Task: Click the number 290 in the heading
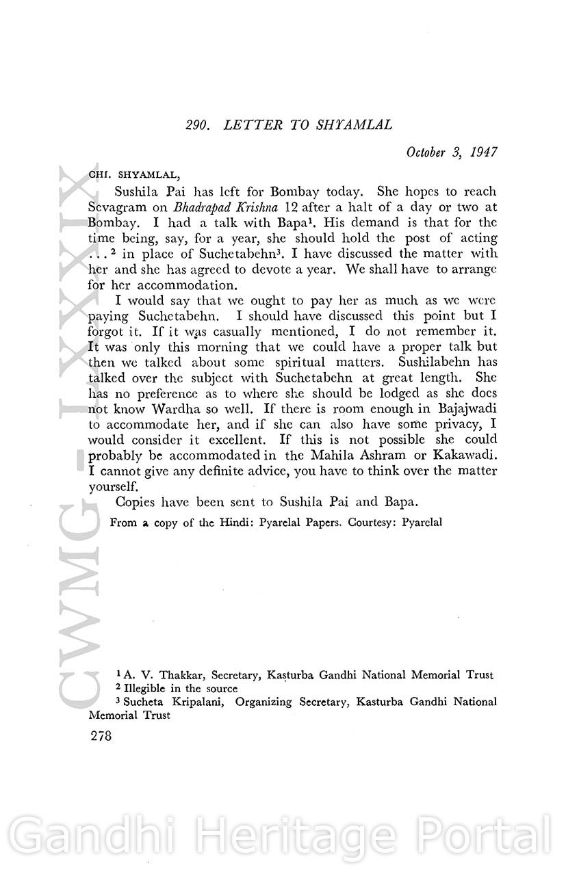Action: point(197,125)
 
